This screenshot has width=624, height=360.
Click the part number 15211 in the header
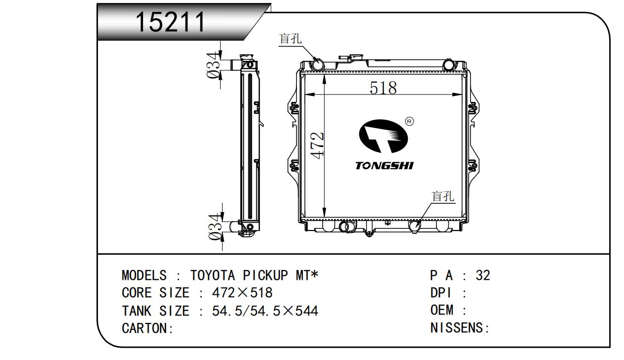170,22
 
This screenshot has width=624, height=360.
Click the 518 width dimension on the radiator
383,88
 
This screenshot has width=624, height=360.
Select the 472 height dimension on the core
317,145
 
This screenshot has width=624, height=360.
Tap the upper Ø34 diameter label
214,65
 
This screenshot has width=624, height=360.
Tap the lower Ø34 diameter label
216,227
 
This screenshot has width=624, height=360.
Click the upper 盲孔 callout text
290,39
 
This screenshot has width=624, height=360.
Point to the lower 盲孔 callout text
443,196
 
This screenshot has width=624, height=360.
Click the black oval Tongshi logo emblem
384,136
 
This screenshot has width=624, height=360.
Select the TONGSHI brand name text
384,166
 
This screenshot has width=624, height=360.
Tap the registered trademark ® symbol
409,121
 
